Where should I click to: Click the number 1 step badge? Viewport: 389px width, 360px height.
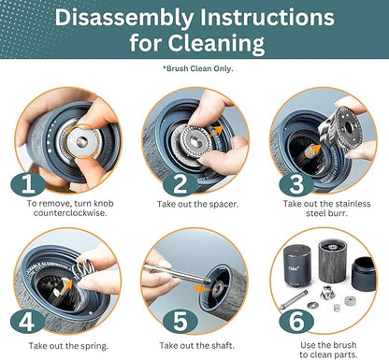coord(28,184)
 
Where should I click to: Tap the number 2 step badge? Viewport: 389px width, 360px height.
coord(180,184)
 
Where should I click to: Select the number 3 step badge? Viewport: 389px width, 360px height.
coord(296,184)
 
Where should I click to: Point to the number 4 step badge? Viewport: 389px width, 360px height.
coord(27,322)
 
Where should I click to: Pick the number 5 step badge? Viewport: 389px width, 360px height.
coord(180,322)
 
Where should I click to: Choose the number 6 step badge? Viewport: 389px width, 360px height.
coord(296,322)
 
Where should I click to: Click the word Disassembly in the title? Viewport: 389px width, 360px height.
coord(124,18)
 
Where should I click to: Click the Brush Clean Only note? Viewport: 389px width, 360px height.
coord(198,68)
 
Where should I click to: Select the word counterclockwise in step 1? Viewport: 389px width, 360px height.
coord(70,213)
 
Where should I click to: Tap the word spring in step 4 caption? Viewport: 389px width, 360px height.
coord(94,346)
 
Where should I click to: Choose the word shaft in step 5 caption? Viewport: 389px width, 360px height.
coord(223,346)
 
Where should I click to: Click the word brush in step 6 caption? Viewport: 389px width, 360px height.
coord(344,345)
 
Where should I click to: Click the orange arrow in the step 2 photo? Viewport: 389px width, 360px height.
coord(215,132)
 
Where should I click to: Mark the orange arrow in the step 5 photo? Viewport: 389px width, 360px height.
coord(202,288)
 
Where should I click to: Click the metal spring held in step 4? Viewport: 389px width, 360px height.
coord(82,266)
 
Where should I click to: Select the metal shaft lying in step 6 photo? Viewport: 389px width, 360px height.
coord(294,299)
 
